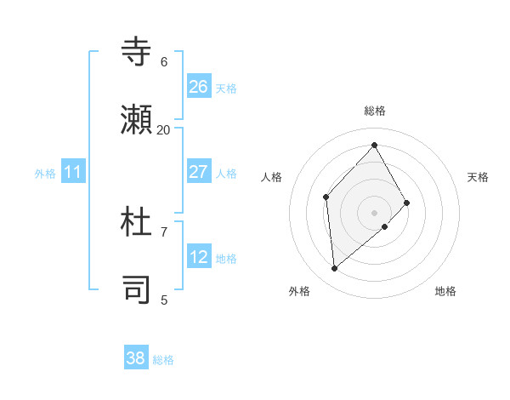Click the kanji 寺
click(x=137, y=52)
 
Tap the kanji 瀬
click(x=137, y=121)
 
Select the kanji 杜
click(x=137, y=223)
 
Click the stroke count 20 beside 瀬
click(x=164, y=129)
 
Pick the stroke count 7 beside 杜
click(x=164, y=231)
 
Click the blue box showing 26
click(x=199, y=87)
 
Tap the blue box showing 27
click(x=199, y=172)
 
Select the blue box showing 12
click(x=199, y=257)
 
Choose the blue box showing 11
click(x=73, y=173)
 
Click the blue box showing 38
click(x=136, y=358)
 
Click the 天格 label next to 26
click(x=226, y=88)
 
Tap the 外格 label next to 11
click(x=45, y=174)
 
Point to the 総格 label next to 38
click(x=163, y=360)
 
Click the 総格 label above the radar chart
click(x=375, y=111)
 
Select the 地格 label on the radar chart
click(x=445, y=292)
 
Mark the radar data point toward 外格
click(x=335, y=269)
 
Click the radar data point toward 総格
click(x=374, y=145)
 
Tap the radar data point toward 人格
click(x=326, y=197)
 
